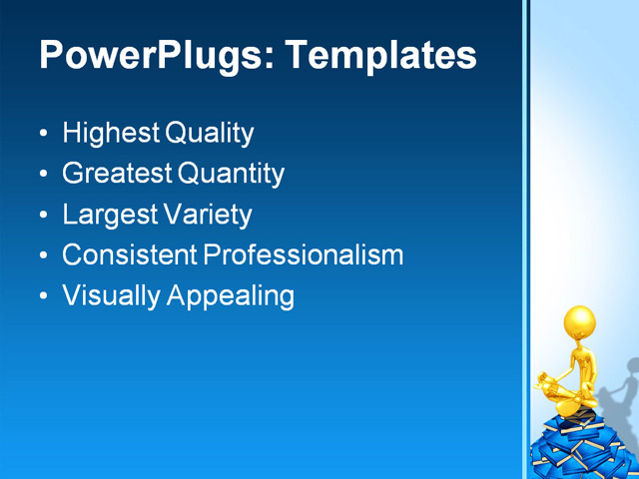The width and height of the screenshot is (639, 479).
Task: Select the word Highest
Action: click(x=110, y=133)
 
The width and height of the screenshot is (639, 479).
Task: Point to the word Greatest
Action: click(x=117, y=174)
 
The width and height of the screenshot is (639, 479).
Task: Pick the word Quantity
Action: click(x=232, y=174)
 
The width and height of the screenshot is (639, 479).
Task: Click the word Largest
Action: click(x=109, y=215)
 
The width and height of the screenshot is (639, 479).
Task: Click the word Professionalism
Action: click(x=304, y=255)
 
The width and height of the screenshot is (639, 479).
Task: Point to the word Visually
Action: click(x=108, y=296)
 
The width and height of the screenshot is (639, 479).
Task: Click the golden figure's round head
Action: click(x=579, y=322)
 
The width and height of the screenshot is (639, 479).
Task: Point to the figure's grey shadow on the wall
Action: click(x=620, y=384)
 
